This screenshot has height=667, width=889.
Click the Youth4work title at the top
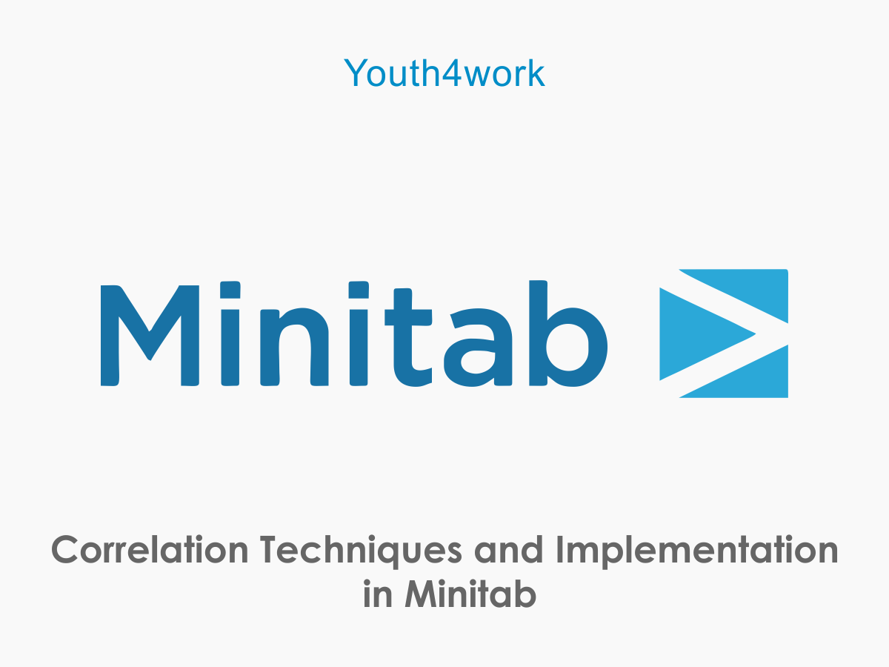click(444, 73)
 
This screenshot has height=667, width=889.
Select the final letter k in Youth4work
click(536, 73)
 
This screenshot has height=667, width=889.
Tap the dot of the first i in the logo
click(231, 290)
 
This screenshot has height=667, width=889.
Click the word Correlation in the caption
click(150, 551)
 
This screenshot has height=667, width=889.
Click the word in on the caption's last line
click(378, 595)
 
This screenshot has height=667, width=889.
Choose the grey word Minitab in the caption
click(470, 595)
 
